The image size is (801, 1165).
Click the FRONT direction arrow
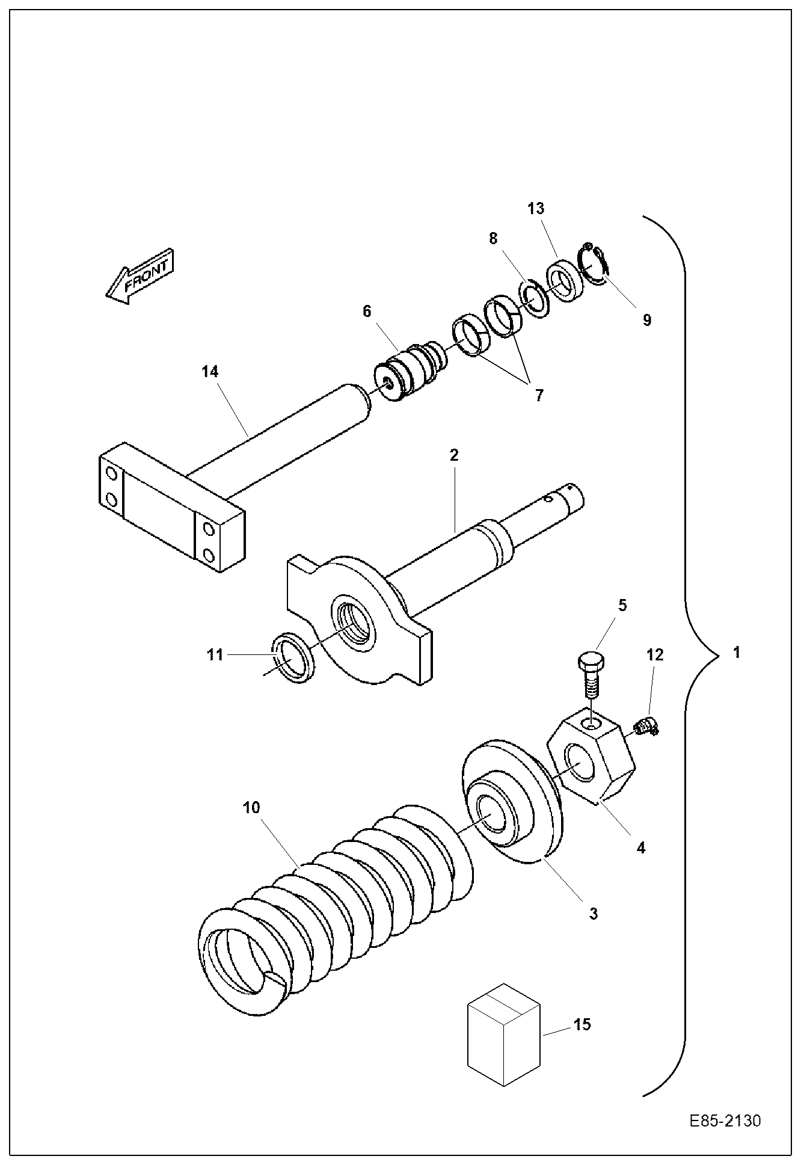(140, 277)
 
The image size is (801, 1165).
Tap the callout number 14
(209, 372)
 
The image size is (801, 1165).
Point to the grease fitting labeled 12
(647, 728)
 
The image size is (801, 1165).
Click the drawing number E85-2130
(725, 1121)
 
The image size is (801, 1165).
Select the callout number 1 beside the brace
(737, 653)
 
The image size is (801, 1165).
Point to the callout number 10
(251, 807)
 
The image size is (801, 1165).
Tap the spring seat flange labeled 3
(511, 800)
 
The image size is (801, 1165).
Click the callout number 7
(539, 395)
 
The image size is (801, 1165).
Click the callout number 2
(454, 455)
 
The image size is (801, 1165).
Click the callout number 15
(582, 1024)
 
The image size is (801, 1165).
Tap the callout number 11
(215, 654)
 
